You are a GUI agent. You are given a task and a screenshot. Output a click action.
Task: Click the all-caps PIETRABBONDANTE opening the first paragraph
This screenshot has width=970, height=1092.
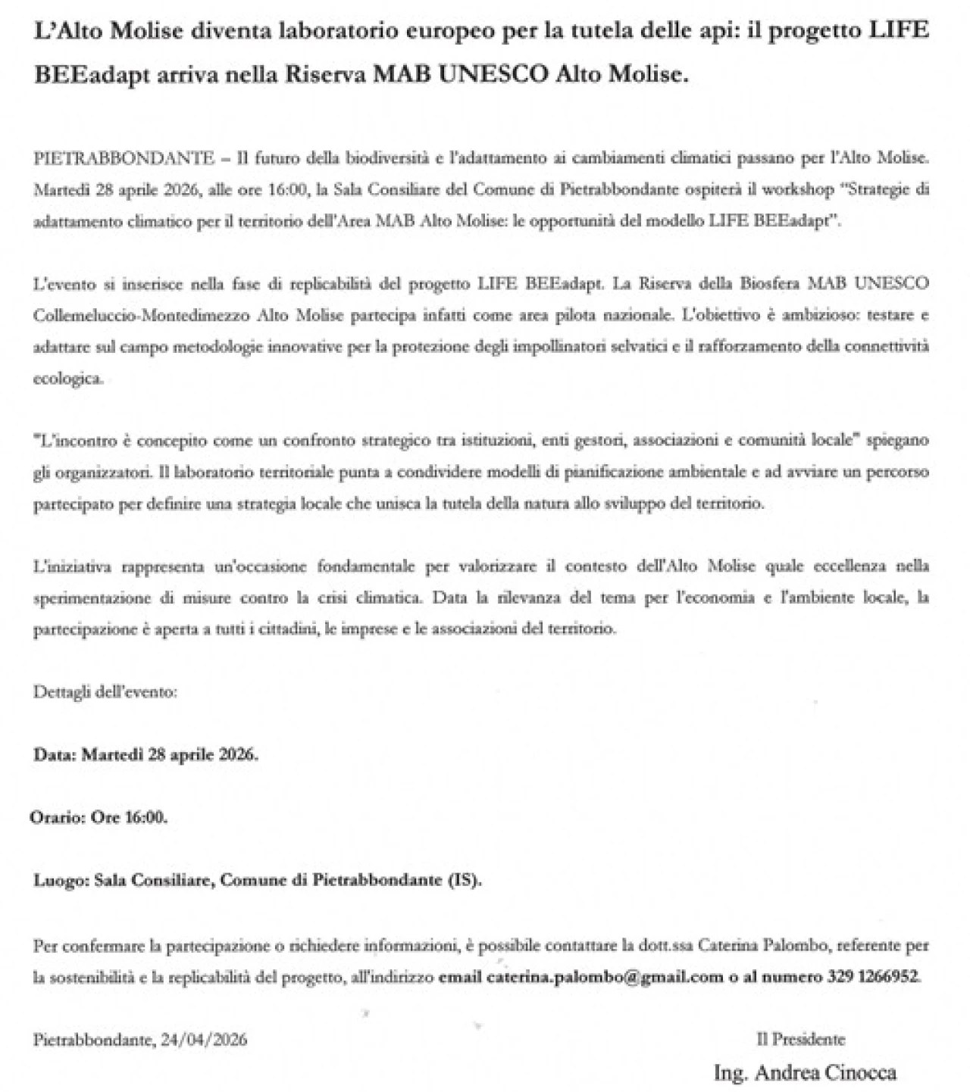pyautogui.click(x=124, y=158)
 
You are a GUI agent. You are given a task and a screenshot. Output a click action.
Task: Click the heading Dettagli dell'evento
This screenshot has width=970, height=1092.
pyautogui.click(x=105, y=691)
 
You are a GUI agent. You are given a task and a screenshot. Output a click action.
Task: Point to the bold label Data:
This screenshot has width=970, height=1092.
pyautogui.click(x=55, y=755)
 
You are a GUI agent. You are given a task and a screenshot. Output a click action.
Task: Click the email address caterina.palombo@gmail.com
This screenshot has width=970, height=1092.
pyautogui.click(x=605, y=977)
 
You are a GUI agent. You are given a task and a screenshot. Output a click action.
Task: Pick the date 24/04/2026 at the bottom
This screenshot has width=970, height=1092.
pyautogui.click(x=204, y=1040)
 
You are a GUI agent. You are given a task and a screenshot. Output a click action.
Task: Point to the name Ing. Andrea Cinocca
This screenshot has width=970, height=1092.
pyautogui.click(x=805, y=1072)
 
